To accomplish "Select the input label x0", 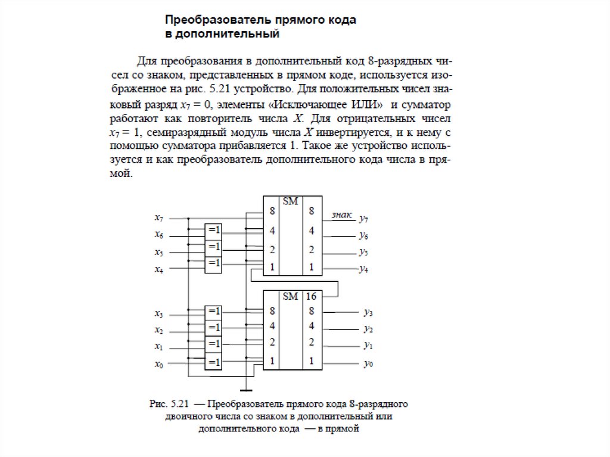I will point(158,365).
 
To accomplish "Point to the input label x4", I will point(158,269).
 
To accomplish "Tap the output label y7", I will point(364,219).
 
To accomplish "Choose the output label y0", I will point(368,364).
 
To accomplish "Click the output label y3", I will point(368,312).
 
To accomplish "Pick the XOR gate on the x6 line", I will point(213,230).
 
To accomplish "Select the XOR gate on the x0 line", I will point(213,362).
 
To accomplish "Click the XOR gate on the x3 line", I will point(213,311).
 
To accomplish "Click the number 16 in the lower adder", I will point(311,296).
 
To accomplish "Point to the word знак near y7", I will point(341,214).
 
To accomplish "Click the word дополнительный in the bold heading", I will point(227,35).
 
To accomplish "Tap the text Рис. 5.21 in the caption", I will point(167,403).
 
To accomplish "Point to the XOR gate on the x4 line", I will point(213,263).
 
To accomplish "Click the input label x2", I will point(158,330).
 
